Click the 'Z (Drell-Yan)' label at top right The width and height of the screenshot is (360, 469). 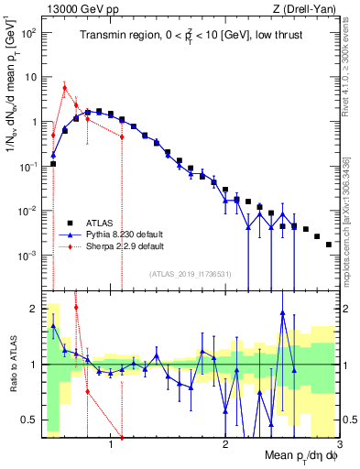pos(309,8)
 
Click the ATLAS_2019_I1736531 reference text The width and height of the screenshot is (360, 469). pos(191,274)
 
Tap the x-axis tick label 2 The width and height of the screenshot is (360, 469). pos(225,444)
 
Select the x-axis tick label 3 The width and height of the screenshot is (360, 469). pos(338,444)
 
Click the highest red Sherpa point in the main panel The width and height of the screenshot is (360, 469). pos(64,88)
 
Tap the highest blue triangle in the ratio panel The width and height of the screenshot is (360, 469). pos(282,312)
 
